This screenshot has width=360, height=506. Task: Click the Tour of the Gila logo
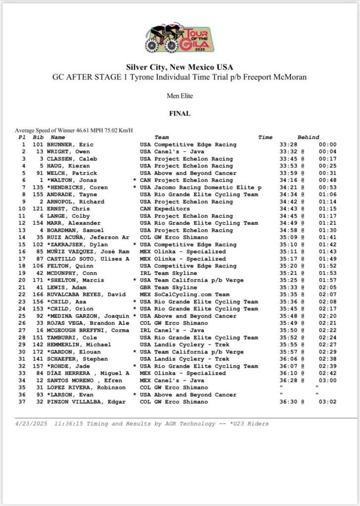180,38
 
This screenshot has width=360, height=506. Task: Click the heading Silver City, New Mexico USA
180,67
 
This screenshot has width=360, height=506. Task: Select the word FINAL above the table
180,113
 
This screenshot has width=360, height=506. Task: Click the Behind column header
308,137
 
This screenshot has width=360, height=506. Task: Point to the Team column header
161,137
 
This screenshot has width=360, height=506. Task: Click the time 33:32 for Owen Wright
287,152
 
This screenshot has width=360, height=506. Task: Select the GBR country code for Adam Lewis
146,288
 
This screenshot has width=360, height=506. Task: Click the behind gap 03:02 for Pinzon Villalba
327,402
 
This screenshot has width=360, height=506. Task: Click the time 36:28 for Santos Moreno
287,380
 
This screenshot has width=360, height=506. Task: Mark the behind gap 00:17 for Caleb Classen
327,159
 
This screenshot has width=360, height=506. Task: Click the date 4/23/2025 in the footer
32,423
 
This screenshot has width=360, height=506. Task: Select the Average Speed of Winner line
74,130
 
